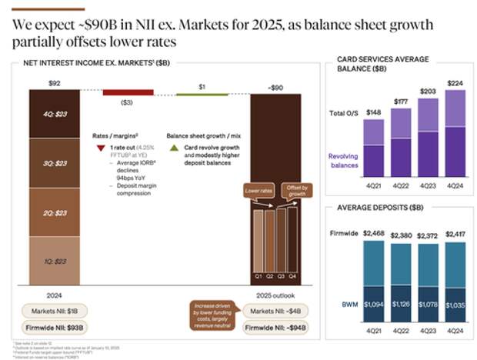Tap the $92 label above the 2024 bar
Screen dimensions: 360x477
point(54,83)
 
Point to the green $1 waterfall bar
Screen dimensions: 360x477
point(202,94)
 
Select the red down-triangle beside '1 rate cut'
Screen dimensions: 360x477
point(100,147)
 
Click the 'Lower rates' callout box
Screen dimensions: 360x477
point(258,189)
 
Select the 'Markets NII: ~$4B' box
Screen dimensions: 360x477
point(273,311)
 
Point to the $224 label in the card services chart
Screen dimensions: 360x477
point(455,83)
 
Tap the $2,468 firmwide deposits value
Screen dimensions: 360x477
point(374,232)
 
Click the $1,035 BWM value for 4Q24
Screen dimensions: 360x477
point(455,306)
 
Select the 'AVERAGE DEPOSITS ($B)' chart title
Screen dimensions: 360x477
point(380,208)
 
